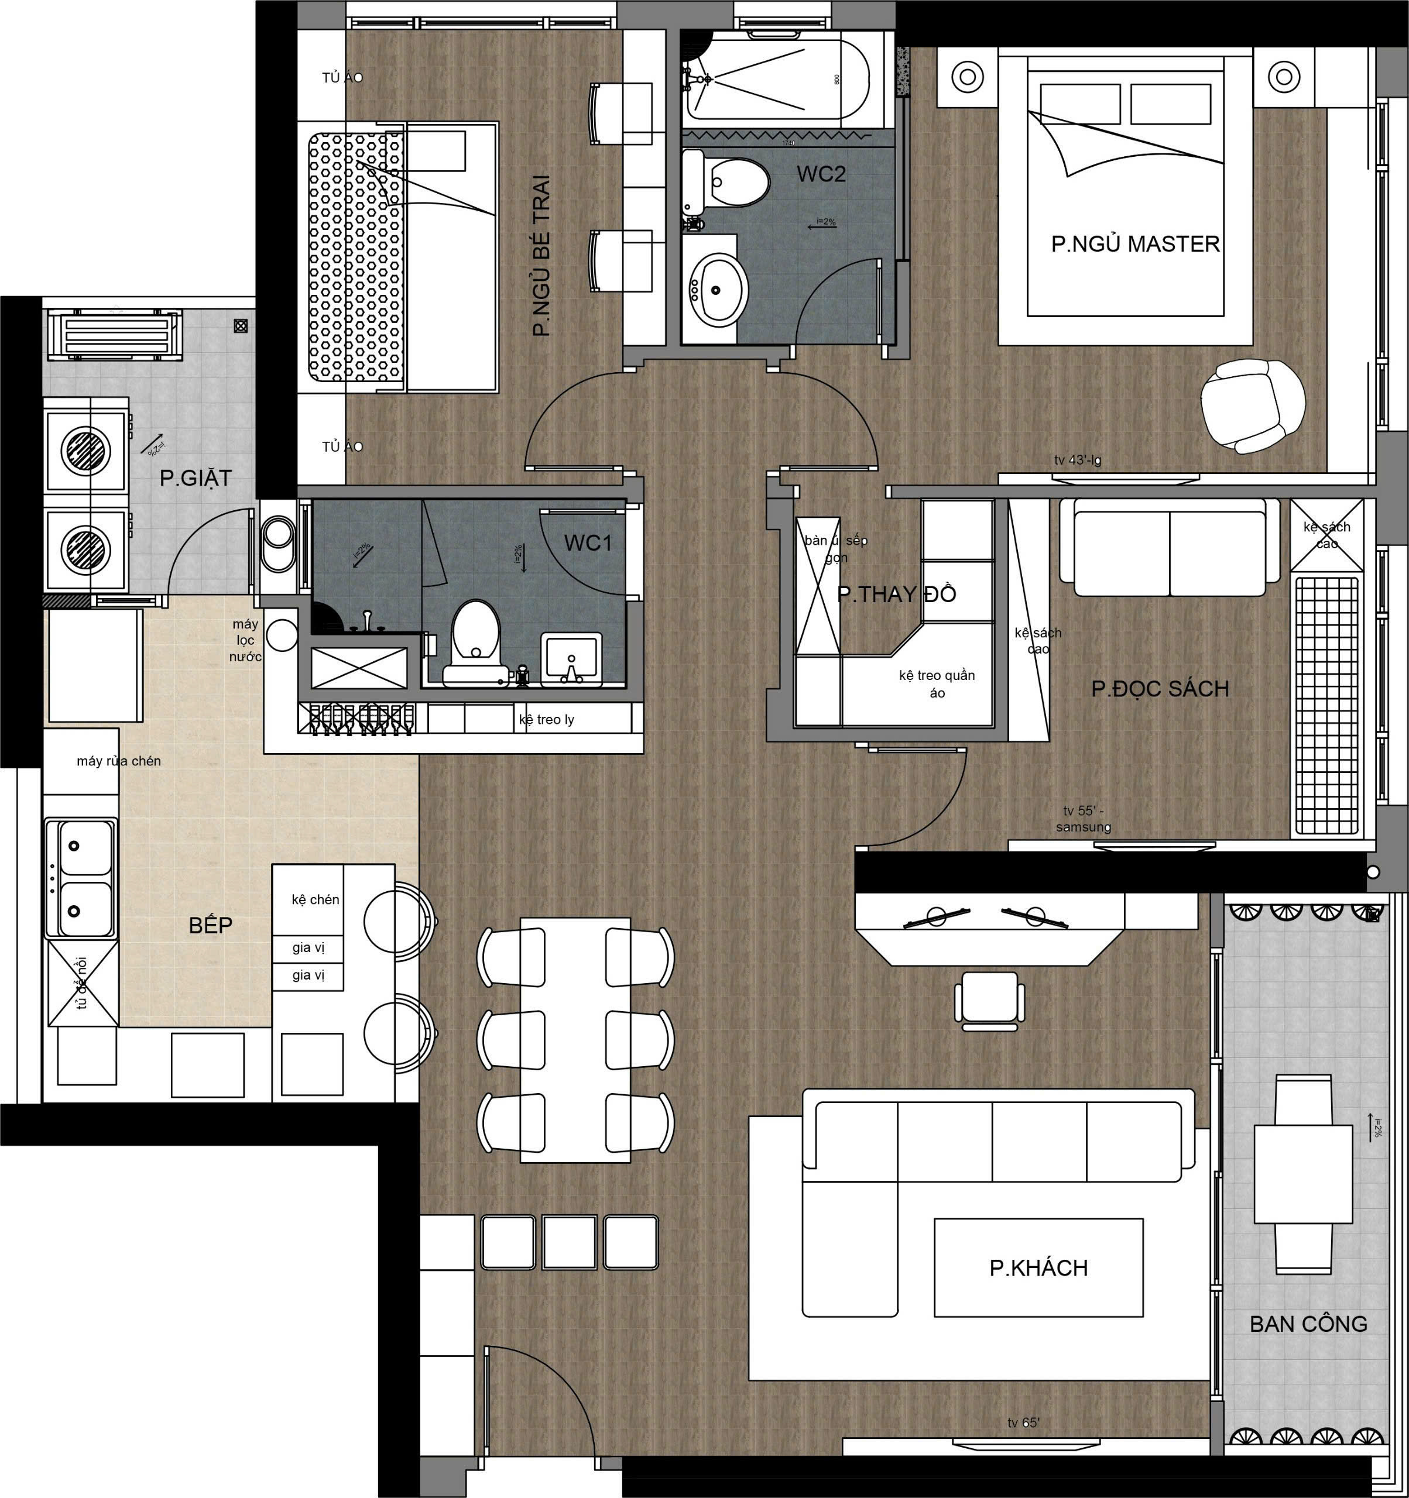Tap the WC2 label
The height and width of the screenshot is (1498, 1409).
(x=821, y=174)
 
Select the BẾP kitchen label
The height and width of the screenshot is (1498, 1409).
(x=210, y=925)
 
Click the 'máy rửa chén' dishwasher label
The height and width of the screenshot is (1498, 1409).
(x=118, y=761)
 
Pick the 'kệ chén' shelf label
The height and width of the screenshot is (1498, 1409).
(x=315, y=900)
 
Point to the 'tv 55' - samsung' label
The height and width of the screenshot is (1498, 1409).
(x=1084, y=819)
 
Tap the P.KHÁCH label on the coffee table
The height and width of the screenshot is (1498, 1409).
(x=1038, y=1267)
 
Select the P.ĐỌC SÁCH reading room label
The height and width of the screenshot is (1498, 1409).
(x=1160, y=688)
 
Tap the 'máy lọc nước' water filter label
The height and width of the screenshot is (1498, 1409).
(x=246, y=641)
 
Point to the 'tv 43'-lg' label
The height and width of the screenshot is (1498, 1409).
(x=1077, y=461)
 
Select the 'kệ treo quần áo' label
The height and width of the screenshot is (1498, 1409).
(x=937, y=683)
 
